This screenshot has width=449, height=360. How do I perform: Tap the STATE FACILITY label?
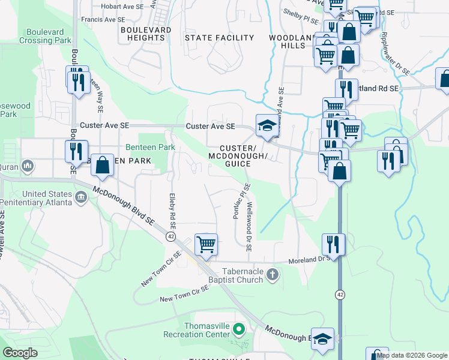[x=219, y=38]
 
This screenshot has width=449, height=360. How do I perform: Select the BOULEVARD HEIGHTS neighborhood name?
[x=142, y=33]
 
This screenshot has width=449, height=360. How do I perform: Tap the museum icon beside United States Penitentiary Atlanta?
[x=82, y=196]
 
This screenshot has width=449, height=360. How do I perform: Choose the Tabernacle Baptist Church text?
[x=233, y=275]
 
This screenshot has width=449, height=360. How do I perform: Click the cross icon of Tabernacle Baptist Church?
[x=273, y=275]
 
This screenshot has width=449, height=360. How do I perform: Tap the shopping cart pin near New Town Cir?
[x=206, y=244]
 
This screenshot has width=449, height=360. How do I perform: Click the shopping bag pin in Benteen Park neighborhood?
[x=103, y=164]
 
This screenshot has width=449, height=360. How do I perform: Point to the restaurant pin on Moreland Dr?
[x=333, y=244]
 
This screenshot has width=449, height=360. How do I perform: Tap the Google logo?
[x=20, y=353]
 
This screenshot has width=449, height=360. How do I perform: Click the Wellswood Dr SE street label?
[x=249, y=226]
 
